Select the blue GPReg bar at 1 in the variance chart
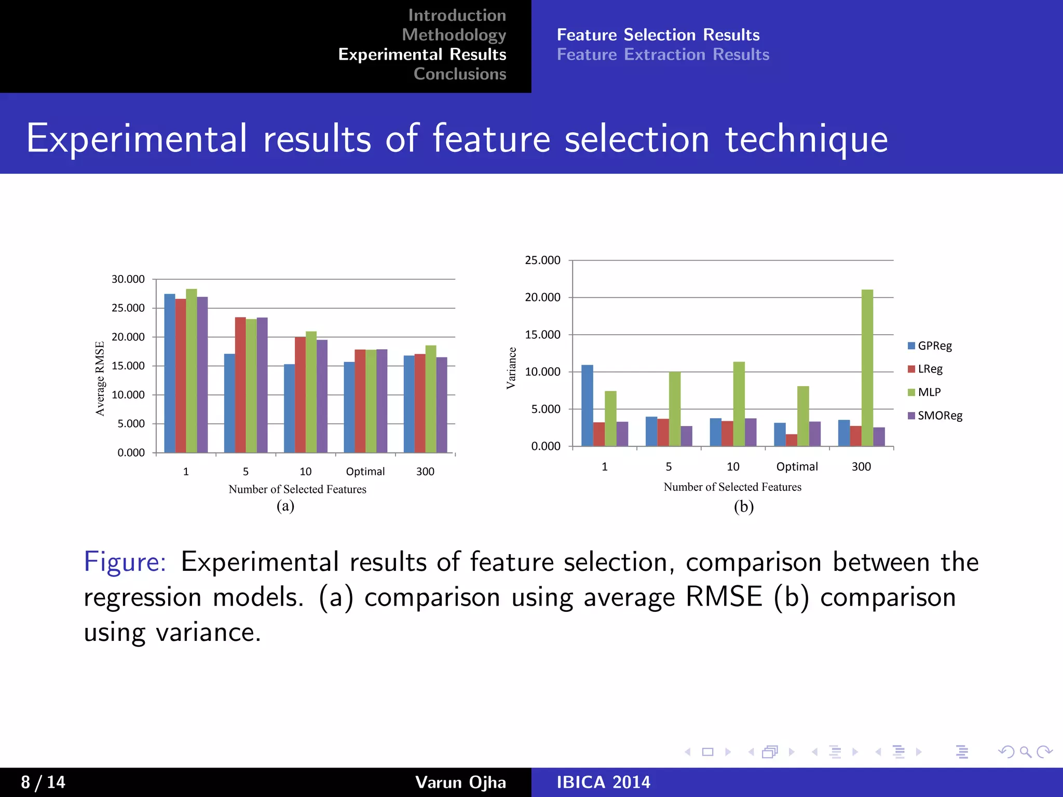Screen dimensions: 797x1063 [587, 405]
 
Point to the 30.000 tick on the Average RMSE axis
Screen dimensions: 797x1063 [128, 279]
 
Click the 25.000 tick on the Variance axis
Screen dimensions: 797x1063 [542, 260]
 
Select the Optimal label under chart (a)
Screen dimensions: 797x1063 [365, 472]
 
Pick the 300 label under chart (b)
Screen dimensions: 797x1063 [861, 466]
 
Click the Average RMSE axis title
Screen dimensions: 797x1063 [100, 378]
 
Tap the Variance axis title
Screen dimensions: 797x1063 [511, 368]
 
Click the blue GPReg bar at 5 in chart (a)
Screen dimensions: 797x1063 [229, 403]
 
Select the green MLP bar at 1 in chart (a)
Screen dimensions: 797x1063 [192, 370]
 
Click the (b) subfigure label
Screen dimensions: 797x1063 [743, 506]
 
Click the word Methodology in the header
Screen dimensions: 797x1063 [454, 35]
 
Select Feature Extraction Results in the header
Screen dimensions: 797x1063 [663, 54]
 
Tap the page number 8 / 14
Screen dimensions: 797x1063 [43, 782]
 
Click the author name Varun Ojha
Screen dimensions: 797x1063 [460, 782]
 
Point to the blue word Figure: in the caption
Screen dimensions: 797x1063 [125, 562]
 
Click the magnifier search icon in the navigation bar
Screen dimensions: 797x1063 [1025, 752]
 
